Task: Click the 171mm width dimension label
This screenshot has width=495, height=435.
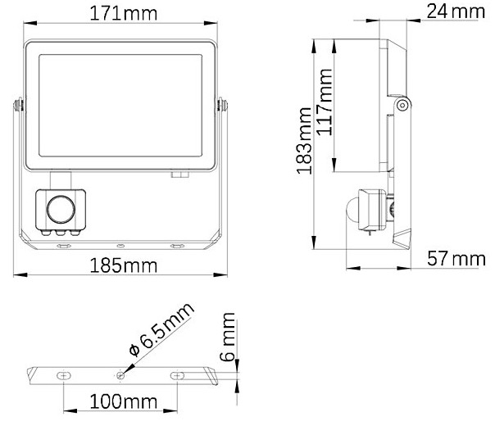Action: [124, 14]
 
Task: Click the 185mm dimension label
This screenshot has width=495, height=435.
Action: [124, 265]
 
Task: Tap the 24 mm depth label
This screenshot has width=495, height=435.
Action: [456, 11]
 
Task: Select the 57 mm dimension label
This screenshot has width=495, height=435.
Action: [456, 259]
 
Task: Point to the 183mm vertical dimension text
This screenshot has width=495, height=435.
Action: [305, 141]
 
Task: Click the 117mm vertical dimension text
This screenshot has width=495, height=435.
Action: [325, 102]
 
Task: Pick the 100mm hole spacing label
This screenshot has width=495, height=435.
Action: [124, 402]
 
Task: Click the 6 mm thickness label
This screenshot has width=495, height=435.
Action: [228, 337]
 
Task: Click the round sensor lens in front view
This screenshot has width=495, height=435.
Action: [61, 210]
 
